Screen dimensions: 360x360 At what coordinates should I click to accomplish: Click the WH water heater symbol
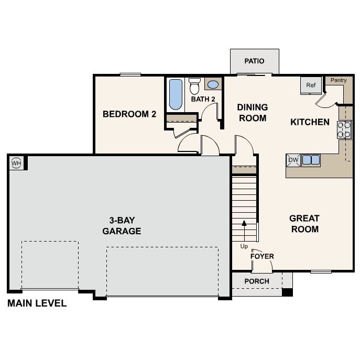(x=16, y=163)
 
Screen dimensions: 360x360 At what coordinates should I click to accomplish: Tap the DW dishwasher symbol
(x=293, y=160)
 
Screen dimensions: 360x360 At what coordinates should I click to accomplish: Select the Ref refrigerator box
(x=311, y=85)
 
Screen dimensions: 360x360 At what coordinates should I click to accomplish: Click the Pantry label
(x=339, y=80)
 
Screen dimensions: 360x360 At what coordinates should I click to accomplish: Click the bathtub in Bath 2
(x=175, y=94)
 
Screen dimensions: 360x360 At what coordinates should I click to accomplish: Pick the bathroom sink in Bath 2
(x=213, y=84)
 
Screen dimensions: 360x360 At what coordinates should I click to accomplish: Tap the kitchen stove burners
(x=344, y=129)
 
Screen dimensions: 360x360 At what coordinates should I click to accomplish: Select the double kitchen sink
(x=311, y=160)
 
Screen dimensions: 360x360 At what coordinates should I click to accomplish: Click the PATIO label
(x=255, y=61)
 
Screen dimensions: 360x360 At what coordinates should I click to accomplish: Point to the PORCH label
(x=257, y=281)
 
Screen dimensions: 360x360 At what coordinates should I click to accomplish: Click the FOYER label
(x=262, y=256)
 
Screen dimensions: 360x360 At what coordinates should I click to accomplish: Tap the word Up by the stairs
(x=244, y=246)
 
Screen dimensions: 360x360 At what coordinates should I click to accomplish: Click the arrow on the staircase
(x=244, y=230)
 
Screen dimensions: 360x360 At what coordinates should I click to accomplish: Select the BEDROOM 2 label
(x=129, y=114)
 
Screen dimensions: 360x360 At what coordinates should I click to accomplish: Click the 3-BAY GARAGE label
(x=122, y=225)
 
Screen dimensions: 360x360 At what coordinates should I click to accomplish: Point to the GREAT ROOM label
(x=304, y=223)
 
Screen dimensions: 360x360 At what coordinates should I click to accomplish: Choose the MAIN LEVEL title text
(x=37, y=303)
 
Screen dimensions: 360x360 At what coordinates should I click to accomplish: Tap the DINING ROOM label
(x=253, y=113)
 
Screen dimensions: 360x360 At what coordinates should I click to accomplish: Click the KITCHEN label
(x=310, y=122)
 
